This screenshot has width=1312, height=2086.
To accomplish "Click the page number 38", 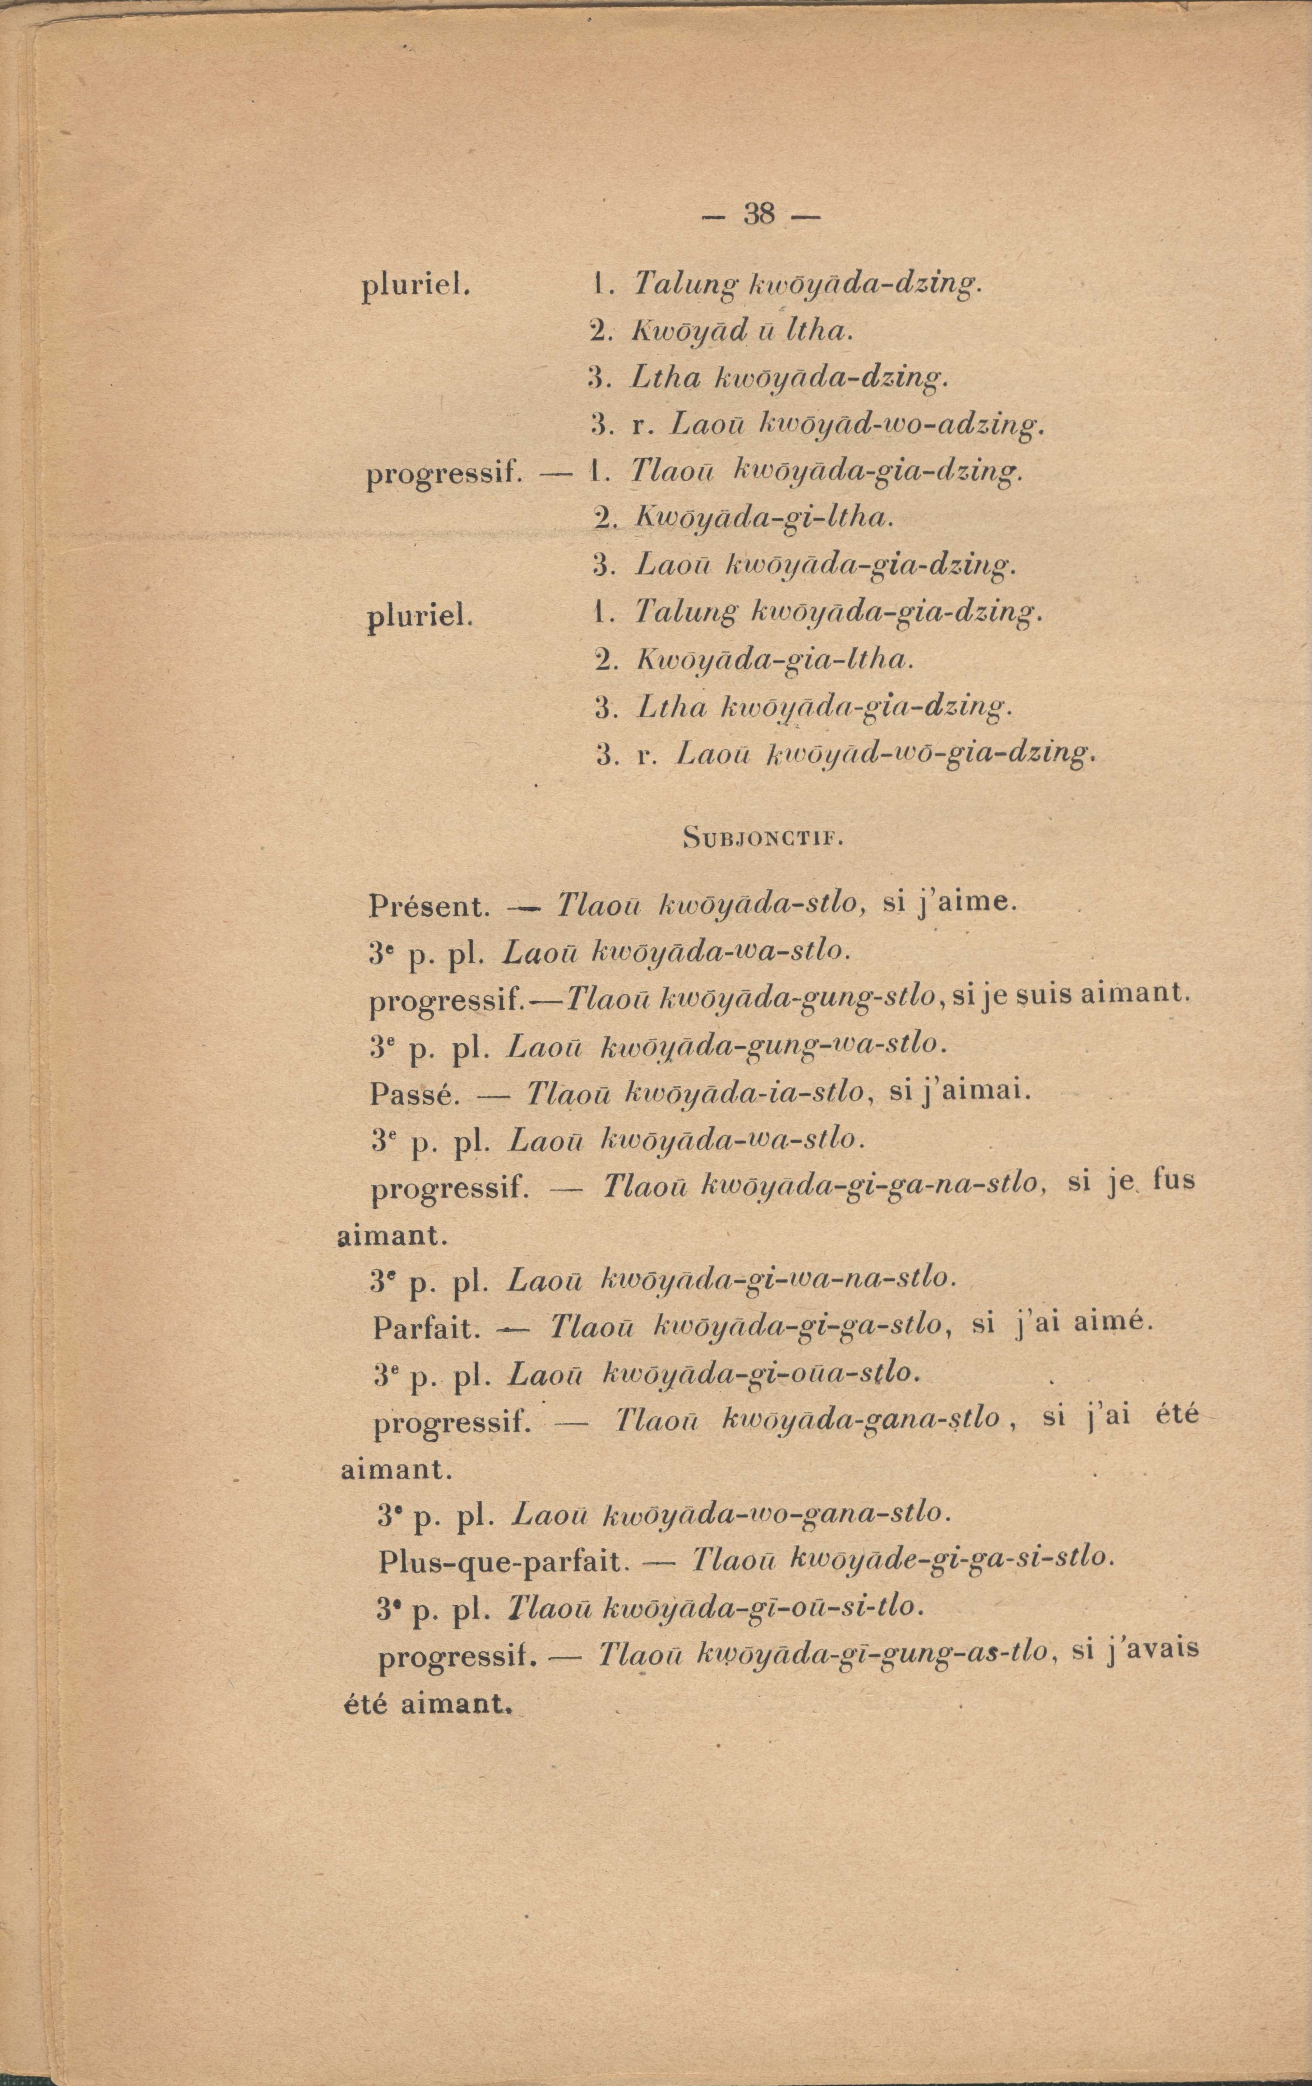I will click(x=758, y=214).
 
